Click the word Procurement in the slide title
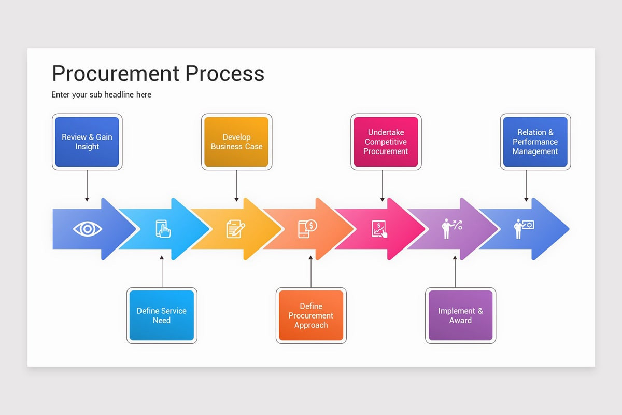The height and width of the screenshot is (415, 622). (116, 74)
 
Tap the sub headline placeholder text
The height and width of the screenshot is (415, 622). (102, 94)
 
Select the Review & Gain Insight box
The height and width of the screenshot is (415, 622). (87, 142)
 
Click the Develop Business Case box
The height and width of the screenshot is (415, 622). (236, 142)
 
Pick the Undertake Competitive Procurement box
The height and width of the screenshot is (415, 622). (386, 142)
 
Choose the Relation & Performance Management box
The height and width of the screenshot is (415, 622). (535, 142)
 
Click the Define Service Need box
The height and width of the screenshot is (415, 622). (162, 315)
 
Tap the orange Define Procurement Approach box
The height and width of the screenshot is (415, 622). (311, 315)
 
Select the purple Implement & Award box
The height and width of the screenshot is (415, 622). (460, 315)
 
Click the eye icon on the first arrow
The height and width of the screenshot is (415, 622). (88, 229)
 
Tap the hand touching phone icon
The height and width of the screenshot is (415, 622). (163, 229)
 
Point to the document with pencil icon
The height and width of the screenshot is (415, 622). (236, 229)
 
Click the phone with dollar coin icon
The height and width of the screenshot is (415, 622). (307, 228)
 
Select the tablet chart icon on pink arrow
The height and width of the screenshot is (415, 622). (379, 229)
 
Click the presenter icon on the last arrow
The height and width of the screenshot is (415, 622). (523, 229)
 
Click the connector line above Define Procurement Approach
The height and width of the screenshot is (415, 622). (311, 272)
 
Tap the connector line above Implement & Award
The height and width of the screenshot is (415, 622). (455, 272)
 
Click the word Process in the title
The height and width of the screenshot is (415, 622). (225, 74)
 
